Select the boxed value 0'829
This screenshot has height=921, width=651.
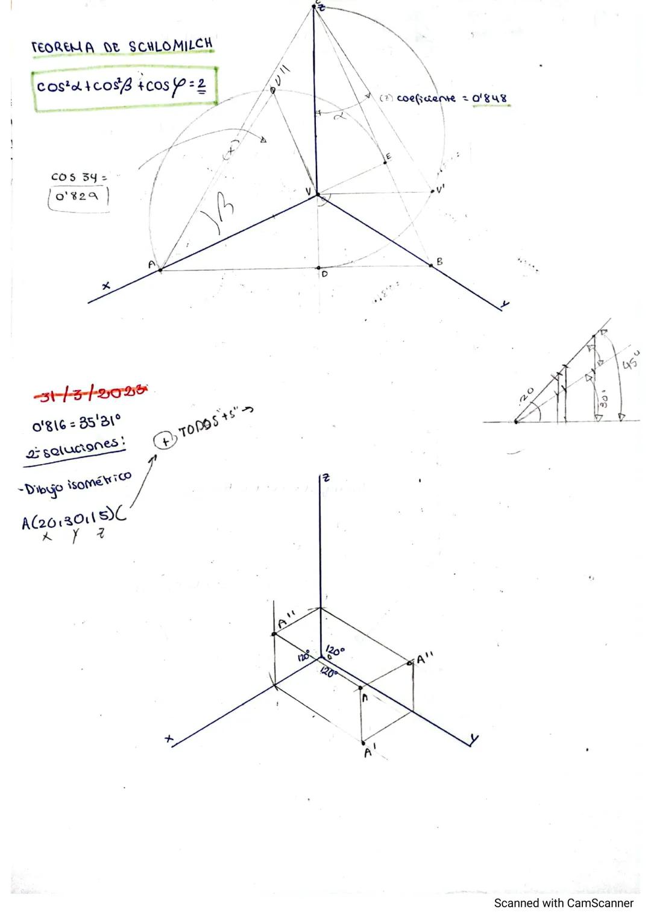(79, 196)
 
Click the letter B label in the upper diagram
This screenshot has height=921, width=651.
(439, 262)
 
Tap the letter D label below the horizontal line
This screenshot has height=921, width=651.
(324, 274)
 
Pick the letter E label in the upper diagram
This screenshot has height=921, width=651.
(388, 157)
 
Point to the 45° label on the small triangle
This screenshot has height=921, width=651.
(631, 361)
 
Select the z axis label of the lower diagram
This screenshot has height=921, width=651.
(325, 477)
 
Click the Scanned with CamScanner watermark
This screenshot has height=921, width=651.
(564, 903)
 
